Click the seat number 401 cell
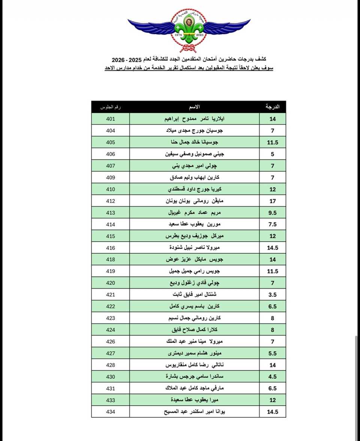110,119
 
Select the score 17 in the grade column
273,201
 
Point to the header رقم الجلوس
110,107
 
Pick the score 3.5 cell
273,295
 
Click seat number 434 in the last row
110,412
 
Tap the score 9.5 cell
273,213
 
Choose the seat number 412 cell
110,201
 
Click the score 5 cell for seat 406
273,154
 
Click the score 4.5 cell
273,377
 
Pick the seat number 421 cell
110,295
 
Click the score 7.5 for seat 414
273,224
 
